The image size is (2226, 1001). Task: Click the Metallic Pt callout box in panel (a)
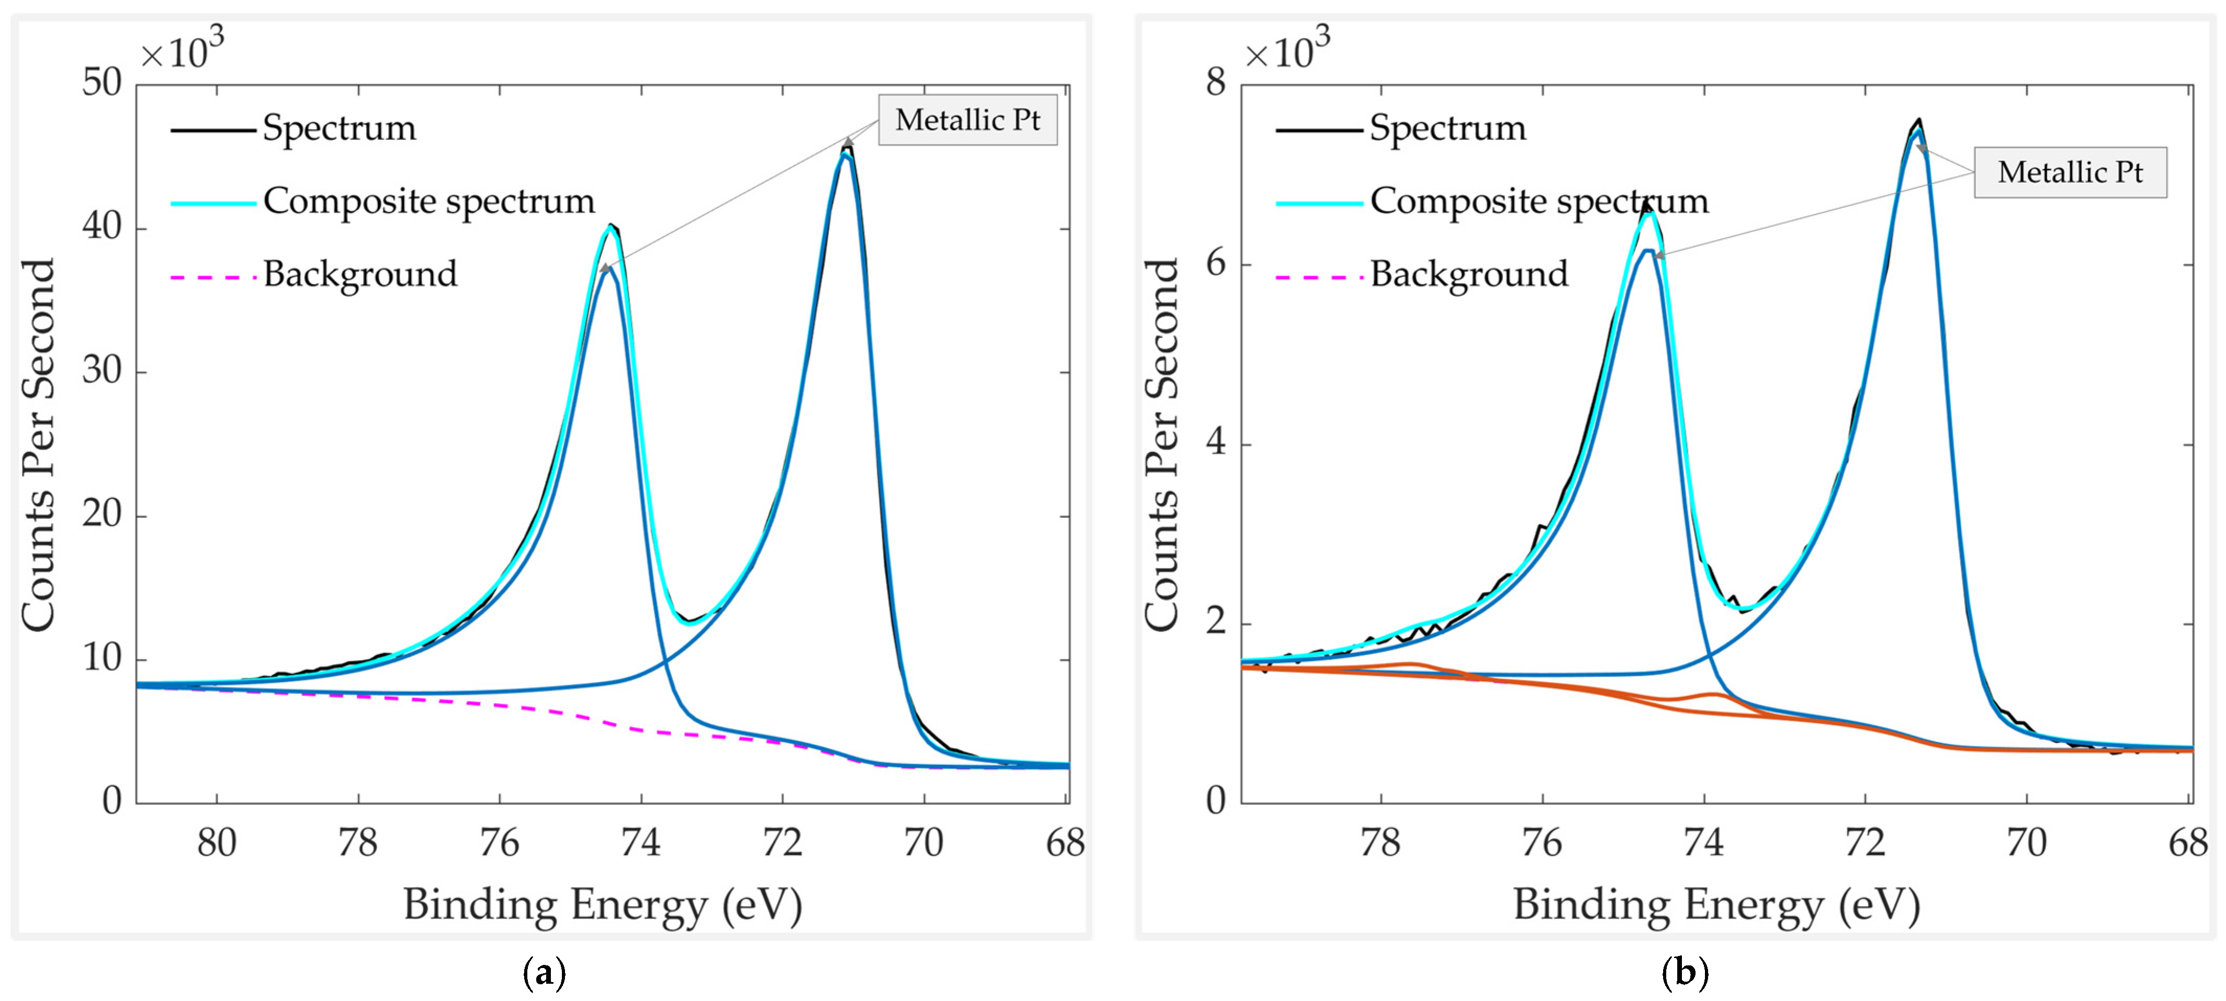(x=967, y=120)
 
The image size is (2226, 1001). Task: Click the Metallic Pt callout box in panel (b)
(x=2070, y=172)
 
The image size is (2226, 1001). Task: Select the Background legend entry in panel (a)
(x=359, y=274)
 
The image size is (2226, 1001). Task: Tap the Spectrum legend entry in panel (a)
(x=339, y=128)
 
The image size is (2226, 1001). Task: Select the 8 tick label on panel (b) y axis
(x=1216, y=83)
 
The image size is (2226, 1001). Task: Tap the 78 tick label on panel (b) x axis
(x=1380, y=842)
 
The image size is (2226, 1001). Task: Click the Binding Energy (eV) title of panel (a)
(x=602, y=905)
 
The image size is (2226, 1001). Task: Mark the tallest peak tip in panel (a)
(x=847, y=147)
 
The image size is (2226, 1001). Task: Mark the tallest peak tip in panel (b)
(x=1918, y=120)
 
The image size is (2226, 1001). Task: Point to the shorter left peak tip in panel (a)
(x=611, y=226)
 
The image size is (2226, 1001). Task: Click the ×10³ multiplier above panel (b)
(x=1287, y=50)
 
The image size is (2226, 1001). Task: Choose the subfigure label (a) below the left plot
(x=545, y=973)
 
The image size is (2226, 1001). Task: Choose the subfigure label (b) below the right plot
(x=1684, y=973)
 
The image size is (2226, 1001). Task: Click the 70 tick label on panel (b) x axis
(x=2026, y=842)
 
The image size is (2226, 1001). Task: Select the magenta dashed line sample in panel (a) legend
(x=212, y=277)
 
